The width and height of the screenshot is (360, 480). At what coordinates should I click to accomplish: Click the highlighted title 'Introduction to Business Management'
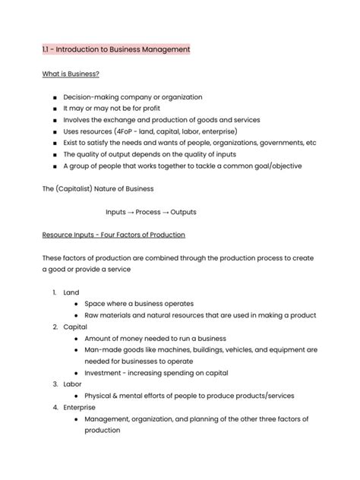coord(122,49)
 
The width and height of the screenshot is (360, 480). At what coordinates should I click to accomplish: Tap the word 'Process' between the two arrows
coord(147,212)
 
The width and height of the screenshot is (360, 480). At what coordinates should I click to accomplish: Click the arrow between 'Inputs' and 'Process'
coord(130,212)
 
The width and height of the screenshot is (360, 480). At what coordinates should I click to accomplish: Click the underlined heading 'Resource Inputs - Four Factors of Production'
coord(114,235)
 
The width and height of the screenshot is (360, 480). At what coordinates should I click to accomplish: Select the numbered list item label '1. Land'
coord(65,292)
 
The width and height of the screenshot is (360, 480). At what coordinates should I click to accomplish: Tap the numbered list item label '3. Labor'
coord(67,384)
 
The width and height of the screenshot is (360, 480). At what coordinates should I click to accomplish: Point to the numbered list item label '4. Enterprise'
coord(74,407)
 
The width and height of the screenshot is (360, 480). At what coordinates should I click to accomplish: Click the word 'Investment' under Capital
coord(103,373)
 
